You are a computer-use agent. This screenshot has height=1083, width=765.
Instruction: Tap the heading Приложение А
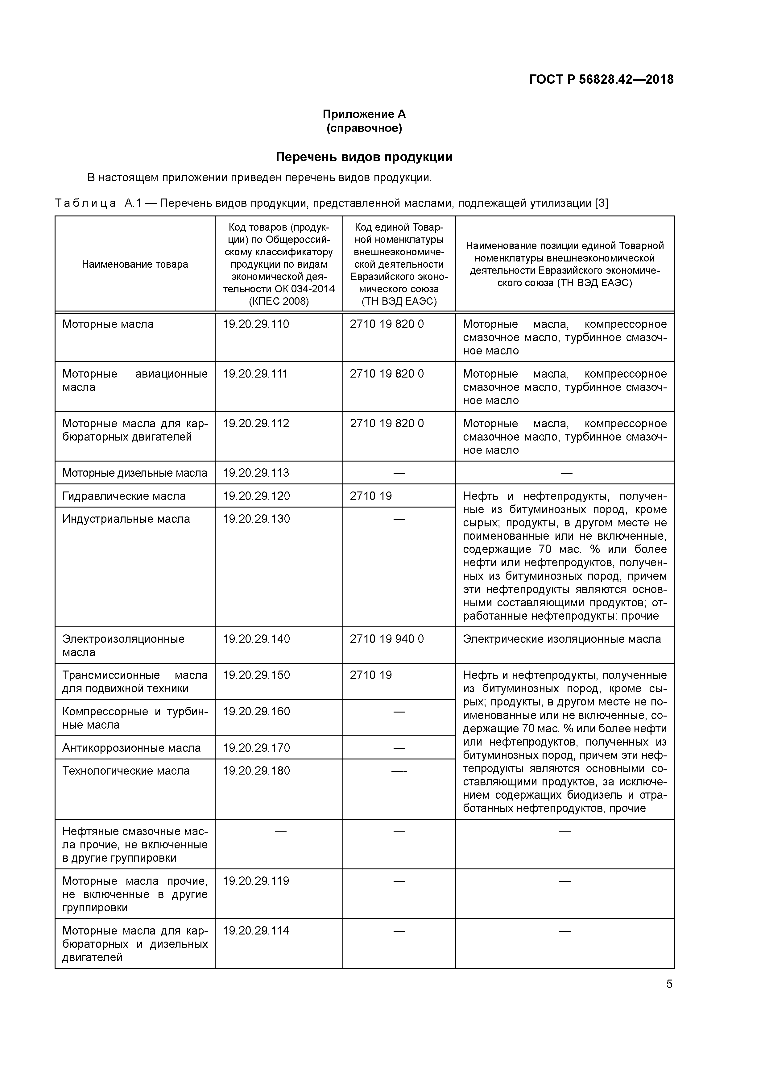[364, 114]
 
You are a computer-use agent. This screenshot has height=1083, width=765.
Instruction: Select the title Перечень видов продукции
[364, 157]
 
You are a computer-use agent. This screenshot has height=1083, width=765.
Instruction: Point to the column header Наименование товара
[135, 264]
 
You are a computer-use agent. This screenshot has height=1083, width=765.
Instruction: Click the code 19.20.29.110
[256, 324]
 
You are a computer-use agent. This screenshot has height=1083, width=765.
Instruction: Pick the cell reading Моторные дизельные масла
[135, 473]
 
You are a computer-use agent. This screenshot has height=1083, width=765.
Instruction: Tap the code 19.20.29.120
[256, 496]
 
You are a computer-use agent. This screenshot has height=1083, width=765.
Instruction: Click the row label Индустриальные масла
[126, 519]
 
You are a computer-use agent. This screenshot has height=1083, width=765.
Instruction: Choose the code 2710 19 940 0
[387, 639]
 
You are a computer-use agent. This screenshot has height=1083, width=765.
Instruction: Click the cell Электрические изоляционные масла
[562, 639]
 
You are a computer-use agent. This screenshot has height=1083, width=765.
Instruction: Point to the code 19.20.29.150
[256, 675]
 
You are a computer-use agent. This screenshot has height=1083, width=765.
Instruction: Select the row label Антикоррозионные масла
[131, 748]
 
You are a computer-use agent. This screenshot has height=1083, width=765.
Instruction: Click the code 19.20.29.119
[256, 881]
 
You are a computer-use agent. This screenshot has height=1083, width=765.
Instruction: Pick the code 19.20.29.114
[256, 930]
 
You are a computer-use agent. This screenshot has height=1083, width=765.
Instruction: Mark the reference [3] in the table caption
[602, 203]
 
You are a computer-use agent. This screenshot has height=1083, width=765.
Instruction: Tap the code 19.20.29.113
[256, 473]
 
